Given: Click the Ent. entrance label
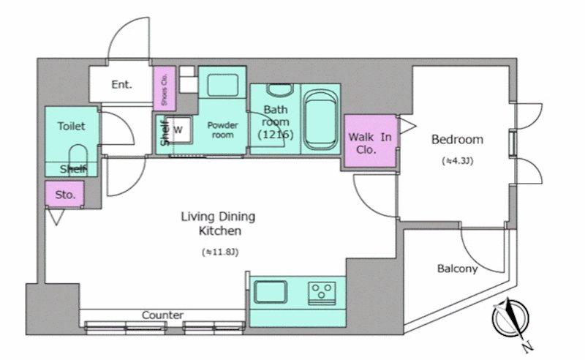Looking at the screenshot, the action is pos(122,84).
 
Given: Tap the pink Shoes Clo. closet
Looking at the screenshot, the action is pos(164,89).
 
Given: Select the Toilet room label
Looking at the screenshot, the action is pos(71,127).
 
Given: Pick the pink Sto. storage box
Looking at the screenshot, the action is pos(64,194).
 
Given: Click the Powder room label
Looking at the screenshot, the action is pos(223,130).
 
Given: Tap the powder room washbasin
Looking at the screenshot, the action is pos(223,86).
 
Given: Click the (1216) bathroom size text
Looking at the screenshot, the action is pos(276,135).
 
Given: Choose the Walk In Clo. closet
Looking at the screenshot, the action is pos(370,140).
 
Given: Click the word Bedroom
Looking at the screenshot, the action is pos(457,140).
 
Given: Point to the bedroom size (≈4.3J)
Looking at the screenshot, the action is pos(458,161).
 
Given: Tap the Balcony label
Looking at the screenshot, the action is pos(457,269).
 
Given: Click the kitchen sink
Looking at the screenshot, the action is pos(271,292).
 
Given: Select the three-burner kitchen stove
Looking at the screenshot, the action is pos(322,293).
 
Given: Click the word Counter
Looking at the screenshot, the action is pos(162,315).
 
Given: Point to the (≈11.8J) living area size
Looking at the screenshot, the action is pos(220,252).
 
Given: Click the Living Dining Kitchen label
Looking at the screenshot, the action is pos(219,224).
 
